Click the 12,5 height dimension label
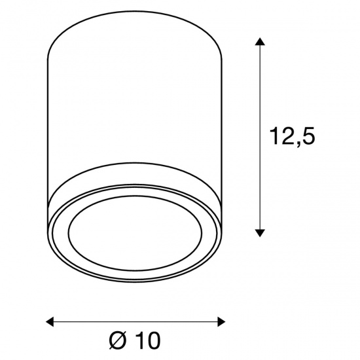coord(293,136)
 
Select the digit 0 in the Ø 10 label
coord(152,340)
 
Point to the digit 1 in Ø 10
coord(137,340)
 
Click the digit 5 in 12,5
coord(308,136)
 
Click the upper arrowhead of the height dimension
coord(260,41)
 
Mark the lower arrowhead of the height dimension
coord(260,233)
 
